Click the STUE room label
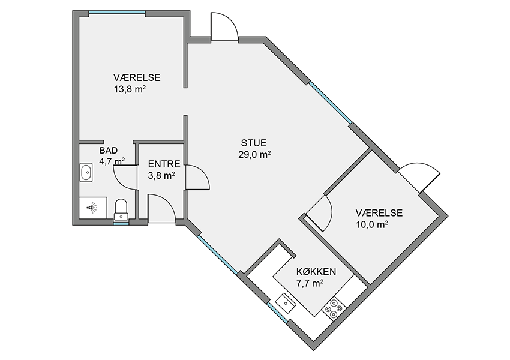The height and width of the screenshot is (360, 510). pos(254,143)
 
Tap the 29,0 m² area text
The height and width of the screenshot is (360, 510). pos(254,154)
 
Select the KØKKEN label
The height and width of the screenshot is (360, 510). pos(316,272)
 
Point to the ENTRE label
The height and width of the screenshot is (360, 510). pos(164,164)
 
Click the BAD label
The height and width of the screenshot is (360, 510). pos(109,151)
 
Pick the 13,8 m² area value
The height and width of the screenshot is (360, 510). pos(129,89)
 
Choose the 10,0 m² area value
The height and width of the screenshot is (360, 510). pos(372,224)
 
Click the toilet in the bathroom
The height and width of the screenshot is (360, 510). pos(121,209)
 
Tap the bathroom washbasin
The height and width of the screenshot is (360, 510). pos(86,172)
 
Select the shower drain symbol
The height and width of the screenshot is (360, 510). pos(92,207)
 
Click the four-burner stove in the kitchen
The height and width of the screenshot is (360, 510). pos(334,308)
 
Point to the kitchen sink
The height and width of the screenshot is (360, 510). pos(286,303)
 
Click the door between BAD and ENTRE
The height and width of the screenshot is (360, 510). pos(125,177)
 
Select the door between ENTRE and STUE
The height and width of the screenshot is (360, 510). pos(197,177)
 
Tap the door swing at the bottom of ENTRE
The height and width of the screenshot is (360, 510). pos(161,208)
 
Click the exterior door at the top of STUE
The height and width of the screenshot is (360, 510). pos(224,26)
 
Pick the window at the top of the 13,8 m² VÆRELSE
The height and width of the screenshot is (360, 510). pos(117,13)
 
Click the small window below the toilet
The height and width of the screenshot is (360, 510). pos(121,223)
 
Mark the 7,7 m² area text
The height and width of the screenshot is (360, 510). pos(310,283)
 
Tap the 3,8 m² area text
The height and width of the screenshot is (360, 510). pos(161,176)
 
